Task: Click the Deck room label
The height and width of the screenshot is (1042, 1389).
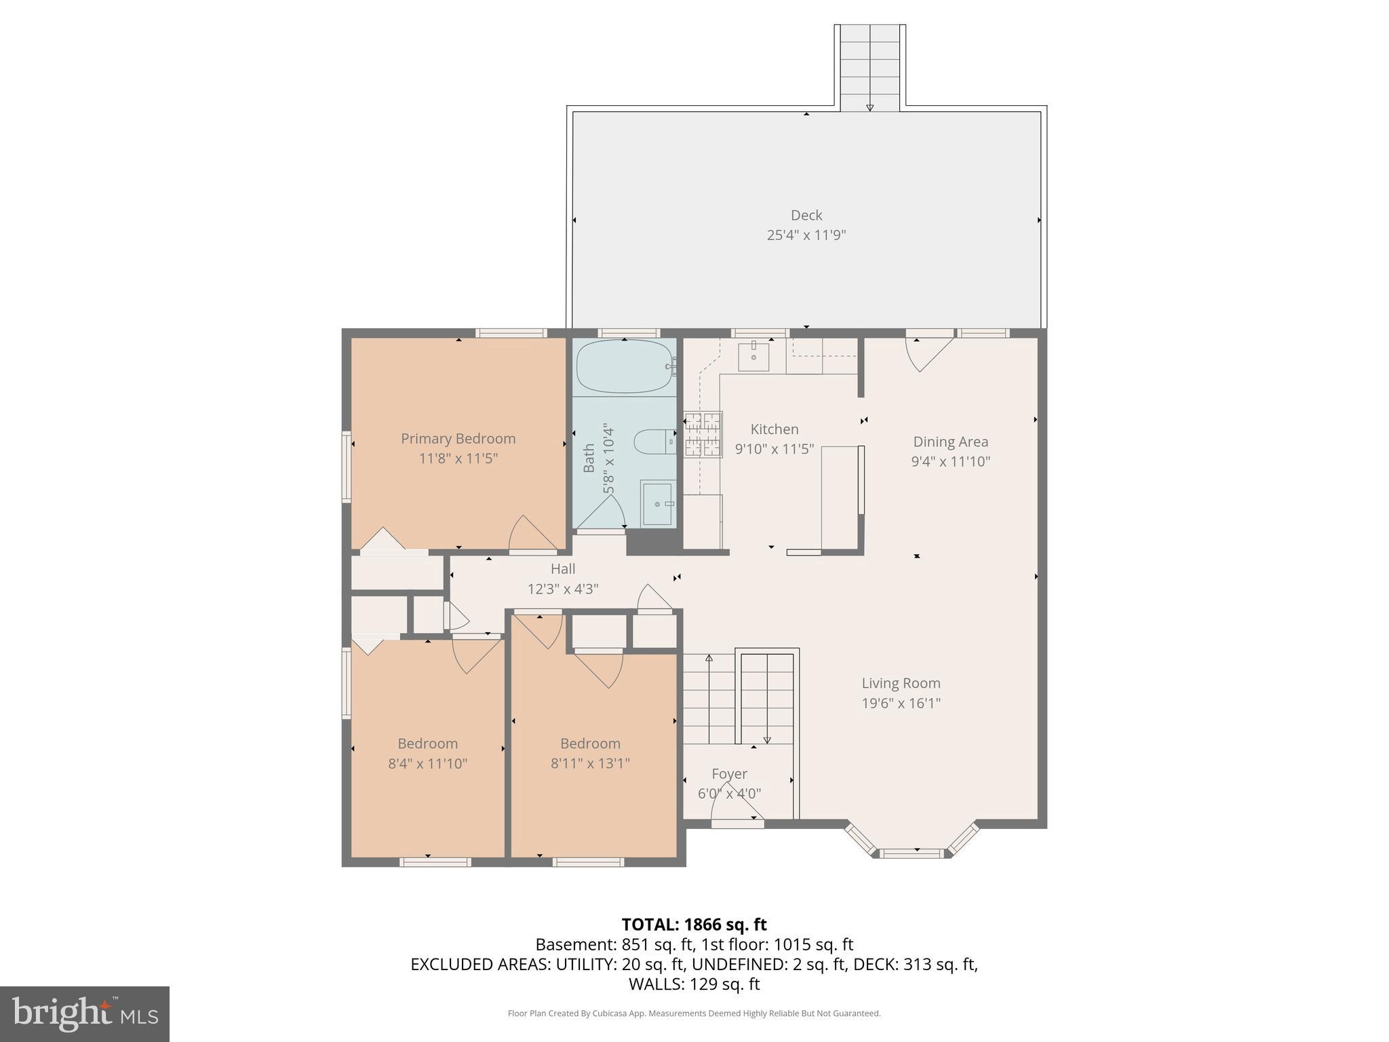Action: coord(806,215)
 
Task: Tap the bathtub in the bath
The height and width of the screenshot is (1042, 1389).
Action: coord(623,366)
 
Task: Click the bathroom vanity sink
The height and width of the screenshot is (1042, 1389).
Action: coord(657,503)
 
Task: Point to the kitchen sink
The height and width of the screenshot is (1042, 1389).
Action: coord(754,357)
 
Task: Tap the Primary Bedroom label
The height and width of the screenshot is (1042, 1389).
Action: coord(458,438)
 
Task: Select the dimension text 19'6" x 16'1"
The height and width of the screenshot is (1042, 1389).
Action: coord(901,703)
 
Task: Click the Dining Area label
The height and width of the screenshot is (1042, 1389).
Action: coord(950,442)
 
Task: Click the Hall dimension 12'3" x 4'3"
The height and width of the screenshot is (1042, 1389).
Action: coord(562,589)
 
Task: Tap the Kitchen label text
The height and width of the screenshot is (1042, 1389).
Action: coord(774,429)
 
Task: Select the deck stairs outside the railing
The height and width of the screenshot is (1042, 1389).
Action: coord(869,68)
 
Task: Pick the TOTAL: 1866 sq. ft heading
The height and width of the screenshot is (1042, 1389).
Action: coord(694,924)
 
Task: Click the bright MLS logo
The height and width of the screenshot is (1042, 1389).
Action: coord(85,1014)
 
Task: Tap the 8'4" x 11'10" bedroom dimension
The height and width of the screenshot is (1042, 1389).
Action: coord(427,763)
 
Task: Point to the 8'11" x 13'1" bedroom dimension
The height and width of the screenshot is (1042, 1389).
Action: coord(590,763)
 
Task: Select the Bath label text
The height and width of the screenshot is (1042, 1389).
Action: coord(589,458)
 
